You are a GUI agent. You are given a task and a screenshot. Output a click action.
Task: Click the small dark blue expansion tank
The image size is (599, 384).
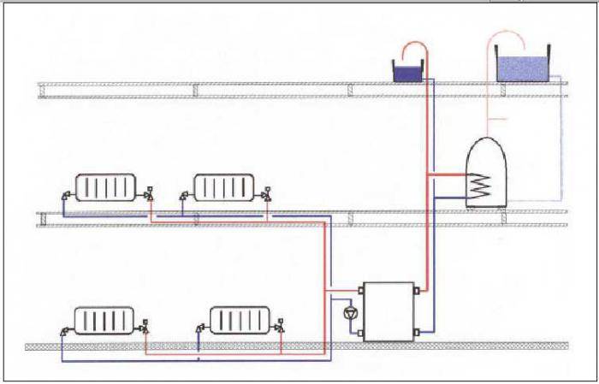[404, 73]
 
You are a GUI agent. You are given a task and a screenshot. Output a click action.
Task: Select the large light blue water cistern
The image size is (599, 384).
[523, 68]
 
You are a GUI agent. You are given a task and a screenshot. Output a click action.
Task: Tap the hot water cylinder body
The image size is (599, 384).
[486, 174]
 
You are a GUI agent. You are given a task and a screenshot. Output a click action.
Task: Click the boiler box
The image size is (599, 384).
[388, 311]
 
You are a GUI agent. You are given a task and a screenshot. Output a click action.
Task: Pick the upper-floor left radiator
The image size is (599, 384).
[105, 187]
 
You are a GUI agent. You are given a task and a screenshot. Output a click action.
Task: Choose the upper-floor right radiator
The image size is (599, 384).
[223, 187]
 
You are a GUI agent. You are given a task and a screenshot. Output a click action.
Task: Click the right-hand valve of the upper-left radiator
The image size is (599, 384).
[149, 193]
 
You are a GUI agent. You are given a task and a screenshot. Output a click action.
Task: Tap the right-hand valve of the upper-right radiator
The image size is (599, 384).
[268, 193]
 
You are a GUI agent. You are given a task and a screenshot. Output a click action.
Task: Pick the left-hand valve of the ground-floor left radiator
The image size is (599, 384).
[63, 329]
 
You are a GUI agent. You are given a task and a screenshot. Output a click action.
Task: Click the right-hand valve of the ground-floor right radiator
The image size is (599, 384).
[282, 326]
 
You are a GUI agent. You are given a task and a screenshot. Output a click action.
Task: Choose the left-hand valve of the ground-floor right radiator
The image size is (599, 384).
[200, 328]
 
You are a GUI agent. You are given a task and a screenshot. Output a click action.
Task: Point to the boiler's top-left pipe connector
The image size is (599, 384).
[360, 290]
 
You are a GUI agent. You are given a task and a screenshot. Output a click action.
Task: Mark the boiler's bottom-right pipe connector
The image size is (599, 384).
[417, 331]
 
